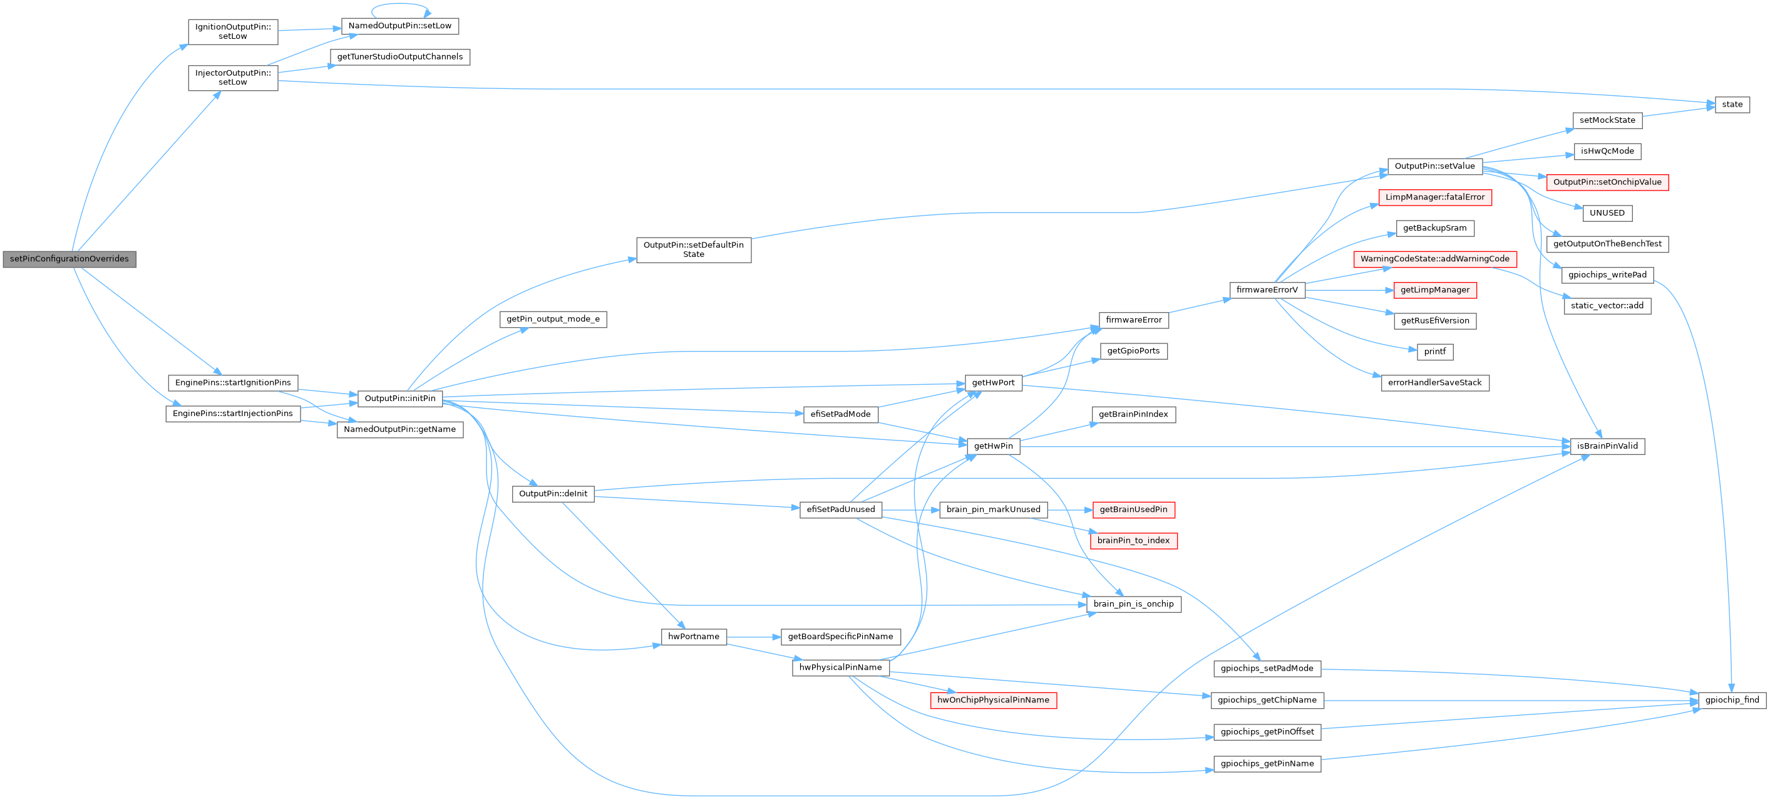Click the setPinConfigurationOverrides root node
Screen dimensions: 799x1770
click(69, 259)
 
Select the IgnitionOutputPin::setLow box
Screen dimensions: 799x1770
click(232, 31)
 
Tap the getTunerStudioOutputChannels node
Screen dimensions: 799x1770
click(400, 57)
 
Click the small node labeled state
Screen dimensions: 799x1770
click(1732, 105)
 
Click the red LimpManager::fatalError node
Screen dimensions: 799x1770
click(1434, 197)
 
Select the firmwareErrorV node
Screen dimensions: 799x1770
click(1267, 290)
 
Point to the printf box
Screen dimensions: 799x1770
click(1434, 352)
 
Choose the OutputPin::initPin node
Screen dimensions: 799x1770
click(399, 398)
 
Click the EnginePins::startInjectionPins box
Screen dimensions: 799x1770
click(232, 413)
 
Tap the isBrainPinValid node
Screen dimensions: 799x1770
click(1607, 446)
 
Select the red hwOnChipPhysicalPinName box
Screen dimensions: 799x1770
click(993, 700)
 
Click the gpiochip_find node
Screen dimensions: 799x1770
click(1732, 700)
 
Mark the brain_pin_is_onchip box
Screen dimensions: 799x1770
click(1133, 603)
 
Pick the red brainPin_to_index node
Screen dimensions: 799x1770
click(1133, 540)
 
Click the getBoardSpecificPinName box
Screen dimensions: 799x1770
click(840, 637)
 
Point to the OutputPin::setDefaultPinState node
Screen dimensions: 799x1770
click(693, 249)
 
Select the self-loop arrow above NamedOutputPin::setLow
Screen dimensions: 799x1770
click(401, 6)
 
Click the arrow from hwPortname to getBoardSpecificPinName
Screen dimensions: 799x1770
click(753, 637)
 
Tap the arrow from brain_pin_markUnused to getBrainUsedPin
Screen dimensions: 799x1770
click(1070, 510)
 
